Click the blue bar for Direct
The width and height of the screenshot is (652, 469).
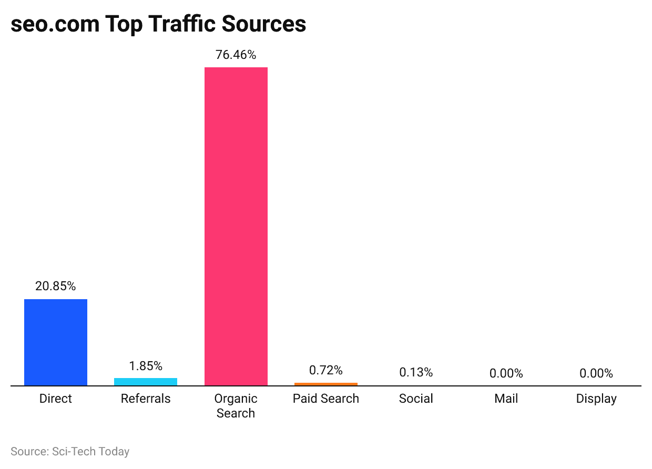point(56,342)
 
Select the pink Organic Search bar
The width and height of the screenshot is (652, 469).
point(236,226)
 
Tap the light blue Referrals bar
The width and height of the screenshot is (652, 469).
point(146,382)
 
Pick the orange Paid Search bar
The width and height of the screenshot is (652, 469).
point(326,384)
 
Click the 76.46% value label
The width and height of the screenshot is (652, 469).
point(236,55)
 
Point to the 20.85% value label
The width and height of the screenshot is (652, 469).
point(56,287)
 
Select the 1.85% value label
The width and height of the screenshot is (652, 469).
point(146,366)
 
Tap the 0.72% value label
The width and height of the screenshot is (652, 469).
point(326,371)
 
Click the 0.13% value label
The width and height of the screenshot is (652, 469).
point(416,373)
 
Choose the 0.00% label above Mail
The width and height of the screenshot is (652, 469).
point(506,374)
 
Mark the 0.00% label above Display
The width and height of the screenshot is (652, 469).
point(596,374)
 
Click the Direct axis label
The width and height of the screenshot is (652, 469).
point(56,399)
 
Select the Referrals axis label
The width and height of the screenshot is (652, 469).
point(146,399)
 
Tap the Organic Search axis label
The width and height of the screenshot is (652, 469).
point(236,406)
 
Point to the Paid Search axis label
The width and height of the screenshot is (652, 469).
point(326,399)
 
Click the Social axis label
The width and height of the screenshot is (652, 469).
point(416,399)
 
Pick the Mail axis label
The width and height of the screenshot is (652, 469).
point(506,399)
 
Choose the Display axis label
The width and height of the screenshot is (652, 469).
point(596,399)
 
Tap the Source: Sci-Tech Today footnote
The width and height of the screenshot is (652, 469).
point(70,452)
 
